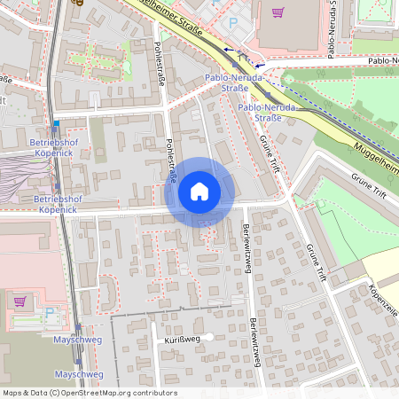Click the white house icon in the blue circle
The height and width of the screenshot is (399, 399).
199,192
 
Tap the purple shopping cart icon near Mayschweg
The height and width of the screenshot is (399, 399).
20,301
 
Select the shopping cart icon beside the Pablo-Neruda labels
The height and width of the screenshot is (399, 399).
278,12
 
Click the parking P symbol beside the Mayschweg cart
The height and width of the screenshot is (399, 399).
50,312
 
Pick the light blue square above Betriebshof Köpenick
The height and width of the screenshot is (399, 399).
56,123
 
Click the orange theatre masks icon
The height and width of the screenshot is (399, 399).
79,3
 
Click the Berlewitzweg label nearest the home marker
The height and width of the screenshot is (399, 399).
245,239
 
